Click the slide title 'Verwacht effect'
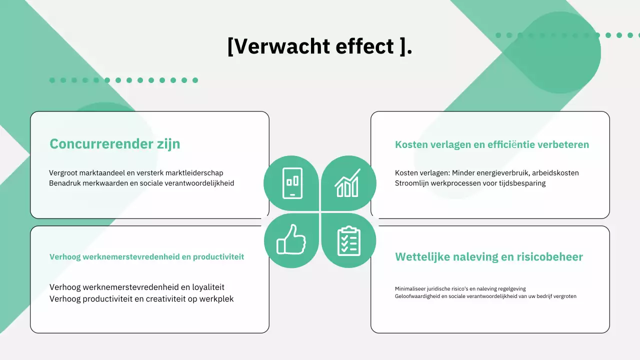pos(319,46)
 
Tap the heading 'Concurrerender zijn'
pos(114,144)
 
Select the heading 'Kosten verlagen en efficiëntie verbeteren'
pos(491,144)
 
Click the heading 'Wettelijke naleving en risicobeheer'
pos(488,257)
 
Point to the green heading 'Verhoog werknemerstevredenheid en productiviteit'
pos(146,257)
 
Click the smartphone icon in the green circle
pos(292,183)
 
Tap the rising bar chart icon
pos(347,183)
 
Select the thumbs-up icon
pos(291,240)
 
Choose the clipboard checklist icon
pos(348,240)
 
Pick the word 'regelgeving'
pos(510,288)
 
